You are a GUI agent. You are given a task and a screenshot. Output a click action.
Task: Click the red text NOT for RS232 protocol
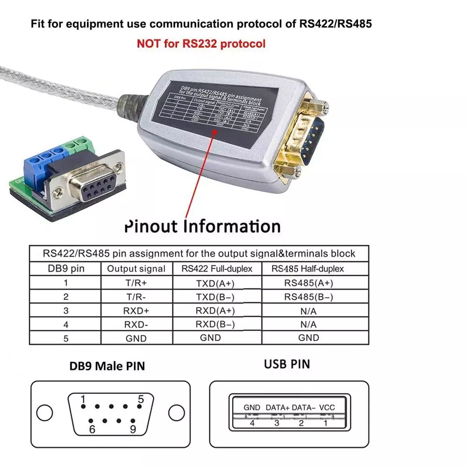click(x=201, y=44)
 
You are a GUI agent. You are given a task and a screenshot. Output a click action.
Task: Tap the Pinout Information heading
click(x=202, y=227)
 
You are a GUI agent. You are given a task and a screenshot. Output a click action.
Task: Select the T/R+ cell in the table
click(x=136, y=283)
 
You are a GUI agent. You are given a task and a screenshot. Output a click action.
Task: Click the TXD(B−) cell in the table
click(x=215, y=297)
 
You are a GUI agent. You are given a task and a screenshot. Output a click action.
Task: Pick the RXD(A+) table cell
click(x=215, y=310)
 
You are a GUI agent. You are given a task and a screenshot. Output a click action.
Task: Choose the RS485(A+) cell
click(x=308, y=283)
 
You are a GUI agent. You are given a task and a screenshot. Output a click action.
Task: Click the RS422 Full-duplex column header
click(x=217, y=269)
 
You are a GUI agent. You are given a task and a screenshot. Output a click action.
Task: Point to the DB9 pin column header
click(x=66, y=269)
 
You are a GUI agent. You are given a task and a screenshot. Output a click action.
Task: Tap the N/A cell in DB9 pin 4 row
click(x=308, y=324)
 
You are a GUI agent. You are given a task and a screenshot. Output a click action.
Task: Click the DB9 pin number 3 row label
click(x=66, y=311)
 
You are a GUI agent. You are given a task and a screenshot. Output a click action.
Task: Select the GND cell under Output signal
click(x=136, y=338)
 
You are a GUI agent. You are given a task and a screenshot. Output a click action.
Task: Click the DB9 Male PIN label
click(x=107, y=366)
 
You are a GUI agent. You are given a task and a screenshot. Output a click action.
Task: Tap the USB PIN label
click(x=286, y=364)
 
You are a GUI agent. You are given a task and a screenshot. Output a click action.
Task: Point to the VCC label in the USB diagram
click(x=327, y=408)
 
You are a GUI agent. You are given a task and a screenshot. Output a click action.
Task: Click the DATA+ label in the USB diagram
click(x=278, y=408)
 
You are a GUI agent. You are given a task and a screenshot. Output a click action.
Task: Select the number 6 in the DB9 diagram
click(x=92, y=429)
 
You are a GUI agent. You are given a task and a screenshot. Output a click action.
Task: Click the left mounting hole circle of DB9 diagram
click(x=44, y=413)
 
